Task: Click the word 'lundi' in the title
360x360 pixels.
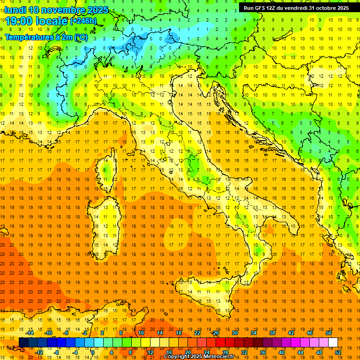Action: tap(15, 10)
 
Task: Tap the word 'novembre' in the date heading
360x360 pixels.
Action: tap(59, 10)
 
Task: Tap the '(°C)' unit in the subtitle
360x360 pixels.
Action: tap(81, 37)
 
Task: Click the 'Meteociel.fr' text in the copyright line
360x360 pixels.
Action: tap(216, 357)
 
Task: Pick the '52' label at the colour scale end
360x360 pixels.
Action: tap(338, 352)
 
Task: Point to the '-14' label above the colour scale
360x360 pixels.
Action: tap(30, 333)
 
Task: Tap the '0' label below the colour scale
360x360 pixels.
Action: tap(93, 352)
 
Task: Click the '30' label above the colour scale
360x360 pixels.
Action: tap(234, 333)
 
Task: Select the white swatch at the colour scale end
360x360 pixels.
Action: tap(333, 342)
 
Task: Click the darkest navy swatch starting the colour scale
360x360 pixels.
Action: tap(23, 342)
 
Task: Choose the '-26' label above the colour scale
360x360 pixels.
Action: tap(215, 333)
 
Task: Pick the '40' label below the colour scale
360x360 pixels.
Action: tap(281, 352)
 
